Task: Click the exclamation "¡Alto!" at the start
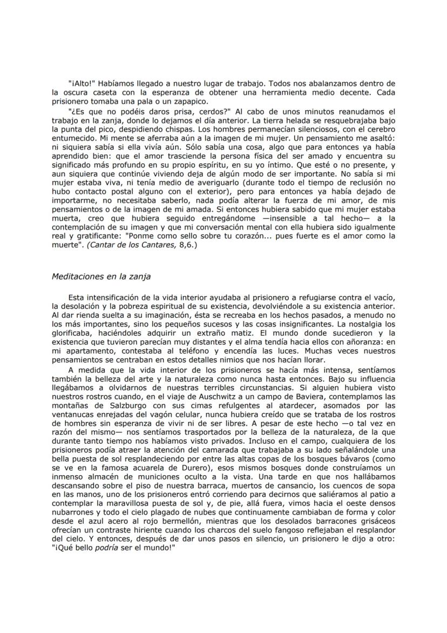(82, 84)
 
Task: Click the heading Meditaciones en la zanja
(101, 277)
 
